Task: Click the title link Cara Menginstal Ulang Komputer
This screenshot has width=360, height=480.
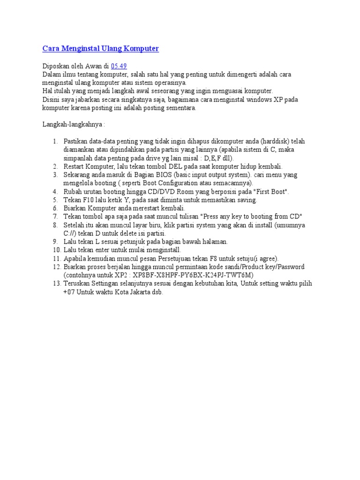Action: coord(101,49)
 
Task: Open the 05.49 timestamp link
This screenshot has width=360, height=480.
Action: coord(119,66)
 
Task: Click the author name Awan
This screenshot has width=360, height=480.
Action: coord(94,66)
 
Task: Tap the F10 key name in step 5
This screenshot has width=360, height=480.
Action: coord(89,200)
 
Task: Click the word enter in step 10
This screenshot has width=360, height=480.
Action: coord(103,250)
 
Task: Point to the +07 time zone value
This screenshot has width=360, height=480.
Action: coord(69,292)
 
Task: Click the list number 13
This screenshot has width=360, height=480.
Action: coord(57,284)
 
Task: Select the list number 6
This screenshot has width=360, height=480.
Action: coord(55,208)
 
